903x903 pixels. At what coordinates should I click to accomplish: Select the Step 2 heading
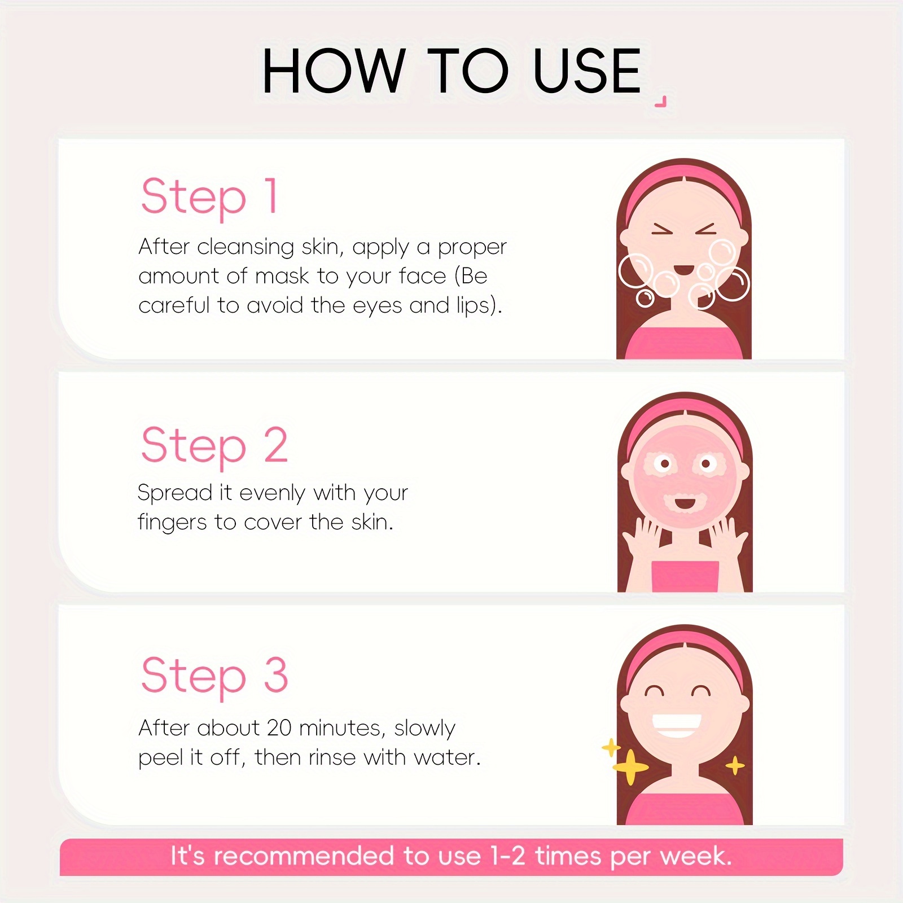click(x=214, y=446)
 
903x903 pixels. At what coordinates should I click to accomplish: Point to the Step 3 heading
click(x=214, y=676)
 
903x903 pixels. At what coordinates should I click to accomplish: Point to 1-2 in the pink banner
click(x=508, y=856)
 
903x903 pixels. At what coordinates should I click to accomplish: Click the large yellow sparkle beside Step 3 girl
click(x=630, y=766)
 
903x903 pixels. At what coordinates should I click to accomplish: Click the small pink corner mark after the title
click(x=661, y=102)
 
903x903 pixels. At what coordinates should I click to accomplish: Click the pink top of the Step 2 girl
click(x=685, y=576)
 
